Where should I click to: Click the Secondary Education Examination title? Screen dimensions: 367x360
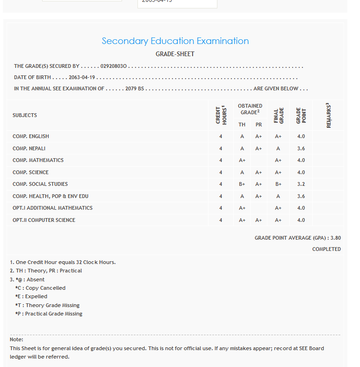(175, 41)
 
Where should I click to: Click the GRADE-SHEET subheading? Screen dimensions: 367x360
(175, 54)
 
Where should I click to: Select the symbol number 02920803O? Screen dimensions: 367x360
(114, 66)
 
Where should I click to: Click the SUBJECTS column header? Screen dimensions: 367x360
(25, 115)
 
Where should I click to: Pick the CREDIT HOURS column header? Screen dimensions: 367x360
(221, 115)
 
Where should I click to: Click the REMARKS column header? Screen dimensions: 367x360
(329, 115)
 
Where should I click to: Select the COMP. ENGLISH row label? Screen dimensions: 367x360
(31, 136)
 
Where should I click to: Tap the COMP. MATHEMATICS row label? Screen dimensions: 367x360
(38, 160)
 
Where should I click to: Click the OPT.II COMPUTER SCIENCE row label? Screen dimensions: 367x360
(44, 220)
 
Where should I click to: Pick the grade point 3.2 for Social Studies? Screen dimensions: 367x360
(301, 184)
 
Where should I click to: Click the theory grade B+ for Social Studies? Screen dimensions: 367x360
(242, 184)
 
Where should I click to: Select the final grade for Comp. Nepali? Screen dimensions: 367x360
(278, 148)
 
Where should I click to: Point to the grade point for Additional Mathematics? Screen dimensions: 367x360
(301, 208)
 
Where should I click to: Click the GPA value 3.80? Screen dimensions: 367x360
(335, 238)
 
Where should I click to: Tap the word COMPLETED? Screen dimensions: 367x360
(326, 249)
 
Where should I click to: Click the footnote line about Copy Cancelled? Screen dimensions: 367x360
(41, 288)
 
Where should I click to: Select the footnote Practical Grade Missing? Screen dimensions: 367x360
(49, 314)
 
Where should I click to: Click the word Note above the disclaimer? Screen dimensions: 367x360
(16, 339)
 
